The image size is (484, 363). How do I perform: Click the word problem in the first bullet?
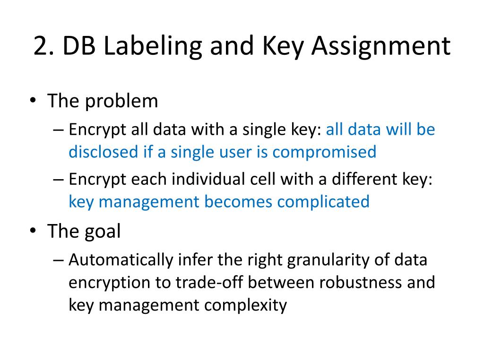(122, 101)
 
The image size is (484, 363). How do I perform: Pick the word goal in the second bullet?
(103, 231)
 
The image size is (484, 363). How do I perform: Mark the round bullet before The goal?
(32, 231)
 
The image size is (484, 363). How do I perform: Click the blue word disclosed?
(103, 152)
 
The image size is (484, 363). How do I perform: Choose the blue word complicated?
(323, 202)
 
